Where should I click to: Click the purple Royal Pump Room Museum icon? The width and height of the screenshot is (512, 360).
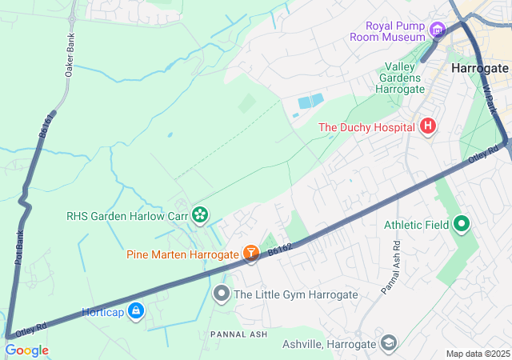pyautogui.click(x=437, y=31)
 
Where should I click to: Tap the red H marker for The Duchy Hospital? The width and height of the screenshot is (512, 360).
pyautogui.click(x=428, y=126)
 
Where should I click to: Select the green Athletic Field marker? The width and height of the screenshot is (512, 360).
pyautogui.click(x=462, y=225)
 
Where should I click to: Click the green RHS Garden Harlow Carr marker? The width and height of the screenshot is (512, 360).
pyautogui.click(x=200, y=214)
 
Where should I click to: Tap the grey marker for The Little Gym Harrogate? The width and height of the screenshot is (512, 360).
pyautogui.click(x=222, y=294)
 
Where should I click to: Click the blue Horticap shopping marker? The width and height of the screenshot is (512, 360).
pyautogui.click(x=135, y=311)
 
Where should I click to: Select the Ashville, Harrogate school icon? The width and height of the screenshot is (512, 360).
pyautogui.click(x=389, y=343)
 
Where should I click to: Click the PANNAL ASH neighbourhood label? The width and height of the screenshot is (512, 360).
pyautogui.click(x=238, y=332)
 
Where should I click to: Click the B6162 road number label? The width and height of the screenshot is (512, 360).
pyautogui.click(x=279, y=250)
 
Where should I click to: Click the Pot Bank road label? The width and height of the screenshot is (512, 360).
pyautogui.click(x=19, y=248)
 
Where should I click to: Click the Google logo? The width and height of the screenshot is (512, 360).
pyautogui.click(x=26, y=350)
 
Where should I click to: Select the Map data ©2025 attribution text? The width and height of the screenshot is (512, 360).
pyautogui.click(x=477, y=354)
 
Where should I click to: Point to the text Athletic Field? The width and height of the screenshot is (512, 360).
pyautogui.click(x=416, y=225)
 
